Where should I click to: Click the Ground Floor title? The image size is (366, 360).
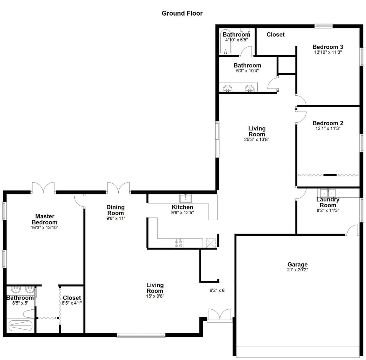(x=182, y=13)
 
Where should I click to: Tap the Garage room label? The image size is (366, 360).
(x=297, y=264)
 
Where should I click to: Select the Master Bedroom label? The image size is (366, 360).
(x=45, y=219)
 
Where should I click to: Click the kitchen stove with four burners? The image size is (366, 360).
(x=178, y=243)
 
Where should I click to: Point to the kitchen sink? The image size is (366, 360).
(x=186, y=198)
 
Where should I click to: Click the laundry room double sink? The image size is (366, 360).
(x=326, y=192)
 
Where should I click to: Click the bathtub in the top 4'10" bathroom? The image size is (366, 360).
(x=226, y=42)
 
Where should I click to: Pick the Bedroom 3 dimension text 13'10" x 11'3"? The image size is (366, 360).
(x=327, y=53)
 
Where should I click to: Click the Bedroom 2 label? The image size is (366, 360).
(x=327, y=123)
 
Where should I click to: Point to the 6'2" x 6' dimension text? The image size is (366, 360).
(x=217, y=290)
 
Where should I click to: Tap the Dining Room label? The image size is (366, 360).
(x=116, y=210)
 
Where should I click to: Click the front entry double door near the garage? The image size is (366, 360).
(x=220, y=315)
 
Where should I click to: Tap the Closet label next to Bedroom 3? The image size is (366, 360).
(x=275, y=35)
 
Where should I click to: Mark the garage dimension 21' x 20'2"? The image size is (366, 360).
(x=297, y=270)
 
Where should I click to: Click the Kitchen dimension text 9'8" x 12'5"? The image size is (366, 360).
(x=183, y=213)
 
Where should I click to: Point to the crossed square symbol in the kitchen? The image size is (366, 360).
(x=211, y=243)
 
